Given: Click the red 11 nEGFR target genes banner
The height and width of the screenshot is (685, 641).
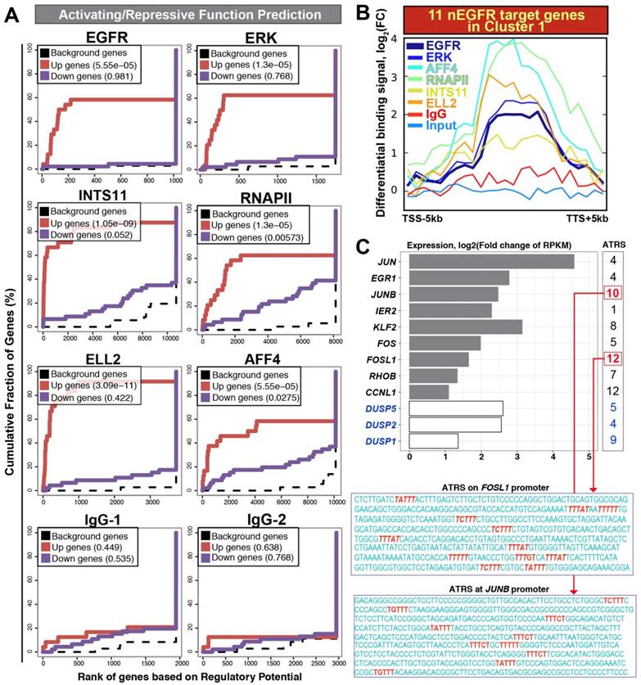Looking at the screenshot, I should [499, 18].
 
